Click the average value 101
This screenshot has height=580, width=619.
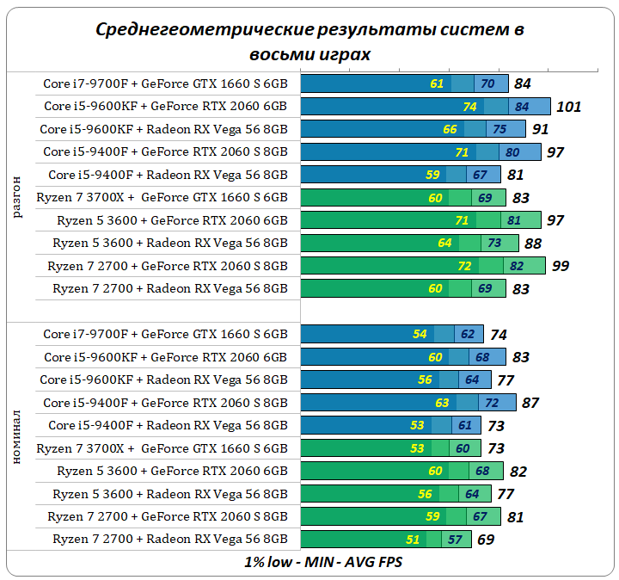click(x=569, y=107)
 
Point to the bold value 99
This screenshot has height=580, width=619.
click(x=561, y=266)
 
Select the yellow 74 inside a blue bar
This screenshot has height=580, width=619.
click(x=469, y=107)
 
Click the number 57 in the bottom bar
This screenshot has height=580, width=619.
click(x=456, y=540)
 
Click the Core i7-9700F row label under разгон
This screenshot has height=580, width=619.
click(x=165, y=83)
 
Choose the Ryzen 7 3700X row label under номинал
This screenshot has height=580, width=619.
click(x=162, y=448)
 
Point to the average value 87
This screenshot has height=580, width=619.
click(x=530, y=403)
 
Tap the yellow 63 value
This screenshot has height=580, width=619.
click(x=442, y=403)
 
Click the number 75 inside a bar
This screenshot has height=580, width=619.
click(x=499, y=129)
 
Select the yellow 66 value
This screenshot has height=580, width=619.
click(x=450, y=129)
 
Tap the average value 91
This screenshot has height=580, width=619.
click(x=541, y=129)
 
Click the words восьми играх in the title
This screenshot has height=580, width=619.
click(x=309, y=53)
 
